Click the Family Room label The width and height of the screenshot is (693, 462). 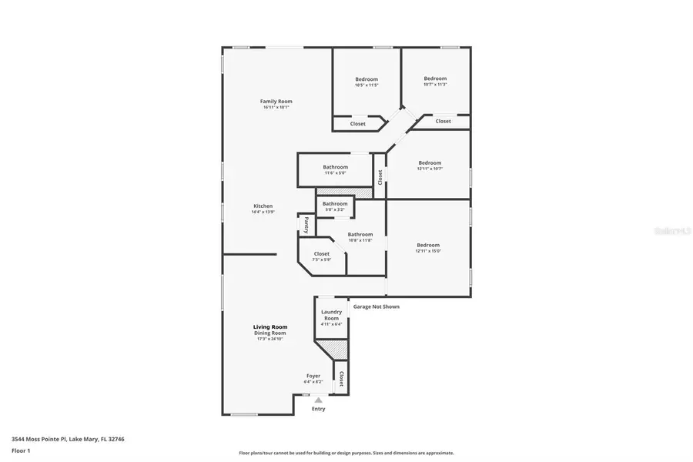click(x=276, y=102)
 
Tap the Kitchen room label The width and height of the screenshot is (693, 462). click(x=263, y=206)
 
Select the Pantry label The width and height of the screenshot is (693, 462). click(x=306, y=225)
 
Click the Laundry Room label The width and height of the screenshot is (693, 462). click(x=331, y=315)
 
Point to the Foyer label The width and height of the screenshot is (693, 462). click(x=313, y=376)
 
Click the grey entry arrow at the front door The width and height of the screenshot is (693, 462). click(x=318, y=400)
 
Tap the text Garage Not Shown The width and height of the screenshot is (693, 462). click(x=376, y=306)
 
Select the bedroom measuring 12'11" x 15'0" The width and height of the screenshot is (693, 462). click(x=428, y=246)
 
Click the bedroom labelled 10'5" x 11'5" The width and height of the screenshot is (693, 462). click(x=367, y=80)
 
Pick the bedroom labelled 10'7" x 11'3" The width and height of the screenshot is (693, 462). click(x=435, y=79)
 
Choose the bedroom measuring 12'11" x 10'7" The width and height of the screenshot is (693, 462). click(x=430, y=163)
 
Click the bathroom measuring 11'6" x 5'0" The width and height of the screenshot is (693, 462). click(x=335, y=168)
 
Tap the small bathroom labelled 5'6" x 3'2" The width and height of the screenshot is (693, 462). click(x=335, y=204)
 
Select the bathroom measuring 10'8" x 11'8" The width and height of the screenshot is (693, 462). click(x=360, y=235)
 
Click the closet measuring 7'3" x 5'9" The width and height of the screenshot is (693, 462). click(x=321, y=254)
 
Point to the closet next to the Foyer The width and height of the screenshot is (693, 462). click(x=340, y=378)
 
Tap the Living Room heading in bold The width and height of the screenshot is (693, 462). click(x=270, y=327)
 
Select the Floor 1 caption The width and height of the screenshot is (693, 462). click(x=21, y=450)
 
